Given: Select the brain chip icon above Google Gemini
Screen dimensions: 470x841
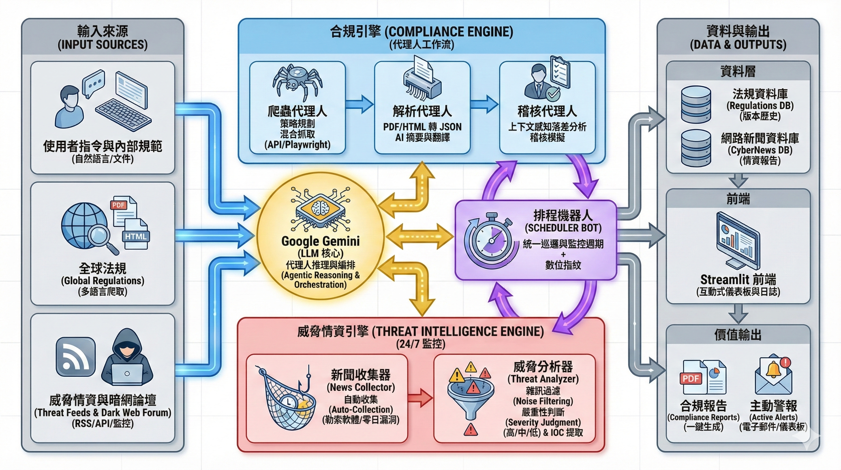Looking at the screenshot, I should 320,208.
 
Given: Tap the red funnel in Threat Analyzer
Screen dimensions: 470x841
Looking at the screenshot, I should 470,399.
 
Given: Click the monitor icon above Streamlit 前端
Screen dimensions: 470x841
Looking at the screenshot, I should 738,241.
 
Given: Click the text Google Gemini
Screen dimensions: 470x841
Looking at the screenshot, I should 320,241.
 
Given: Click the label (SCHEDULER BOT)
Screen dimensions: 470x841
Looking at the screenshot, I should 563,228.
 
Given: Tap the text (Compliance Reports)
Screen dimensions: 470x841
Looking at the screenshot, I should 703,417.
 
